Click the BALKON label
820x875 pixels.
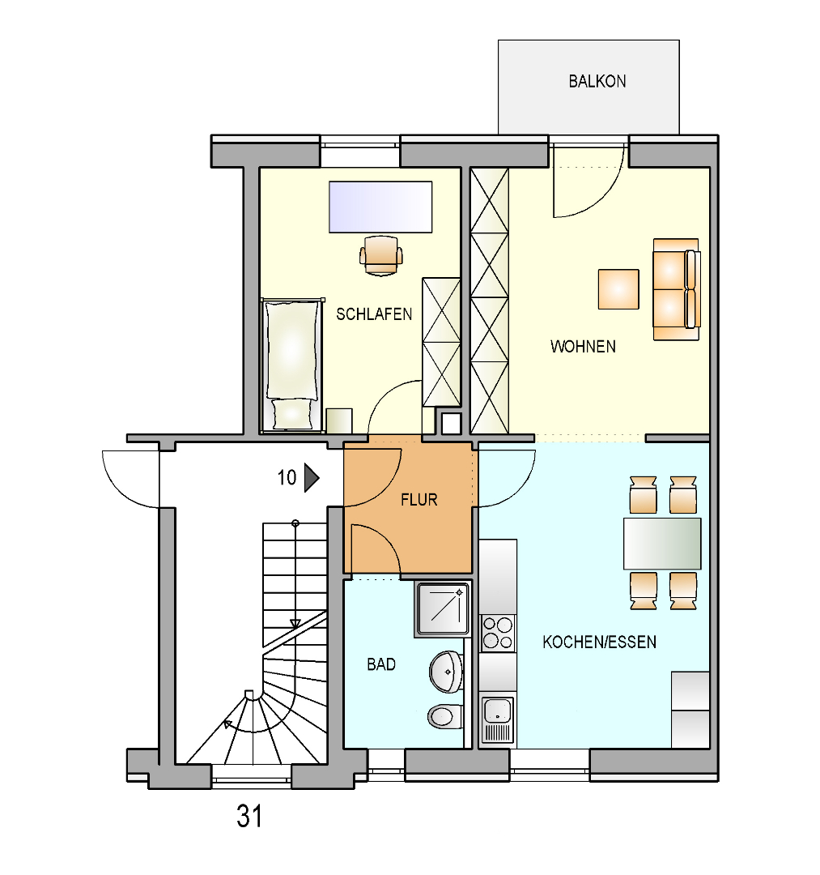coord(597,82)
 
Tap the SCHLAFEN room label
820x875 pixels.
coord(374,314)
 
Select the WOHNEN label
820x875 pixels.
coord(583,347)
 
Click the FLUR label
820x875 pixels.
coord(419,499)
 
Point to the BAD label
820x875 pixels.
coord(381,664)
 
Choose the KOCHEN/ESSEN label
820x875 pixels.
coord(599,642)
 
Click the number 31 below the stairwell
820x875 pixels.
coord(249,816)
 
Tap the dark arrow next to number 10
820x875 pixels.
coord(312,478)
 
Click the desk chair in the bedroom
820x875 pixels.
coord(380,255)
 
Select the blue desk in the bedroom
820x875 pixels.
coord(380,207)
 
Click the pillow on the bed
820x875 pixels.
coord(292,413)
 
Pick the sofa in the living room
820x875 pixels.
coord(677,289)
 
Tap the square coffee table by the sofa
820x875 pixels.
coord(618,289)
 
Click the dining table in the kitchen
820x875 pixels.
coord(662,543)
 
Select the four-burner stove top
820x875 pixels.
coord(498,633)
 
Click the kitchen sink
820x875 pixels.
coord(497,720)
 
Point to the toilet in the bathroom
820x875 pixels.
coord(445,716)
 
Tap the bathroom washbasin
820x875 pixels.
coord(446,672)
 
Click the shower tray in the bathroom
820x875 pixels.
coord(443,609)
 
